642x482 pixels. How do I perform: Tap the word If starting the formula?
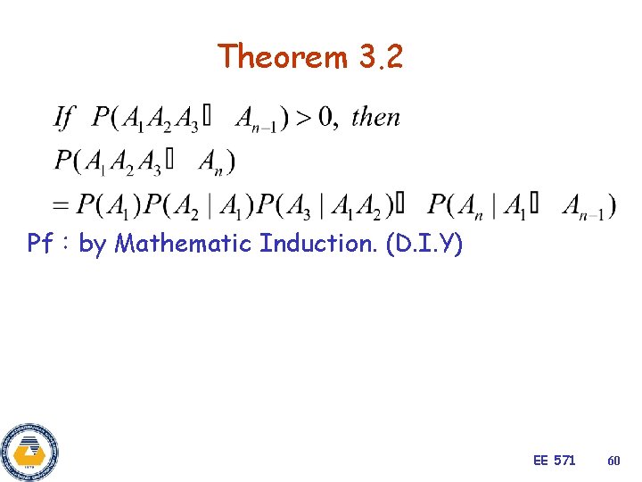coord(64,116)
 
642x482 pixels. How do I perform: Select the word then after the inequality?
coord(375,116)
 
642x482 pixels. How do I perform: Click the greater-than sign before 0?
coord(302,116)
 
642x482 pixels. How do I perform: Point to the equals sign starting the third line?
coord(62,205)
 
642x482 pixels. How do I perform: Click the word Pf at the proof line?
coord(40,243)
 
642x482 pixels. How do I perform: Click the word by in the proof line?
coord(92,243)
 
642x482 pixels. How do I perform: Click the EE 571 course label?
coord(554,461)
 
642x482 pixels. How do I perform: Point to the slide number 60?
coord(613,461)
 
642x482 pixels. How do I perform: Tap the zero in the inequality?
coord(327,116)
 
